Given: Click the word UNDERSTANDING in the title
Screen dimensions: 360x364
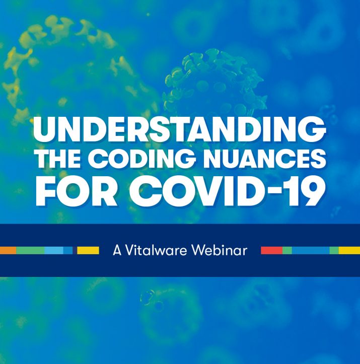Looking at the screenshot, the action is [x=179, y=129].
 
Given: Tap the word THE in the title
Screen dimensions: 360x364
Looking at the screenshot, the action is [x=58, y=159].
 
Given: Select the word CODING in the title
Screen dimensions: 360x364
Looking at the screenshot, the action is [x=141, y=159].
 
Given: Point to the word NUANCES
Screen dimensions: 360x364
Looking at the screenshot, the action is [x=264, y=159].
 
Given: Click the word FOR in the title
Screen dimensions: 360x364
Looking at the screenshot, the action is [x=76, y=191].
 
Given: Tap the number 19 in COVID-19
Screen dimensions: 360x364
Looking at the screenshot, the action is [x=303, y=191].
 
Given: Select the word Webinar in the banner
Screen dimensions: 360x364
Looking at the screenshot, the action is [x=220, y=251].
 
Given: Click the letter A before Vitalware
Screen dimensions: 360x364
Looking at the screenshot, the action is [x=117, y=251].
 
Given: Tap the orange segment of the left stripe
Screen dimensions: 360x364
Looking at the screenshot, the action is [x=8, y=251].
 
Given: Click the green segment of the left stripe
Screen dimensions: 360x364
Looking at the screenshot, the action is [x=30, y=251].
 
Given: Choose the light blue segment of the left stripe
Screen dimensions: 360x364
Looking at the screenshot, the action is [x=53, y=251].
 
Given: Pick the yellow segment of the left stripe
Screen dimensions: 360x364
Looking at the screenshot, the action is [x=88, y=251].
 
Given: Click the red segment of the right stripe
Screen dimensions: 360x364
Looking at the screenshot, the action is [x=271, y=251].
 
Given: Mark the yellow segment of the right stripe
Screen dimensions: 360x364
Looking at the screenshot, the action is [x=349, y=251].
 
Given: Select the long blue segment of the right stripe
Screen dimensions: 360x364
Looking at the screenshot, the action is [x=311, y=251].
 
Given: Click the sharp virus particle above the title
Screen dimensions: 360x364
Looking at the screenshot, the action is [x=214, y=86].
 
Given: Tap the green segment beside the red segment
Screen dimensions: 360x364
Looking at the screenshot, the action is [x=287, y=251].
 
